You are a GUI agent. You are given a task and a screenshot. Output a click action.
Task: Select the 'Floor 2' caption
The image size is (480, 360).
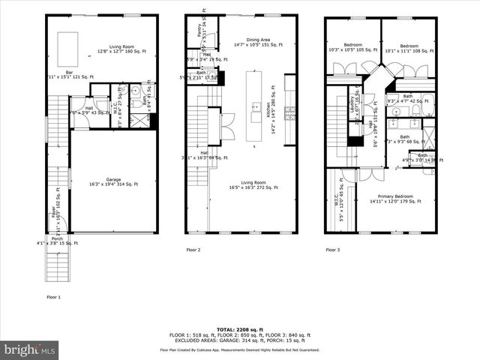(193, 250)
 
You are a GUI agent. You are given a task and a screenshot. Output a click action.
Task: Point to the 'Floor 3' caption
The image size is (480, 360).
(333, 250)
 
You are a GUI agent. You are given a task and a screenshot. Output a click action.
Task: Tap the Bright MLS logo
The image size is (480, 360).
(30, 349)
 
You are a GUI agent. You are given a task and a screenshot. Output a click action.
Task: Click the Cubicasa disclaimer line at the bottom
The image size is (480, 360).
(239, 349)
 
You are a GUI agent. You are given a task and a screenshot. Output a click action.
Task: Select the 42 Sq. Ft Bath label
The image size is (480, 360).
(407, 97)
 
